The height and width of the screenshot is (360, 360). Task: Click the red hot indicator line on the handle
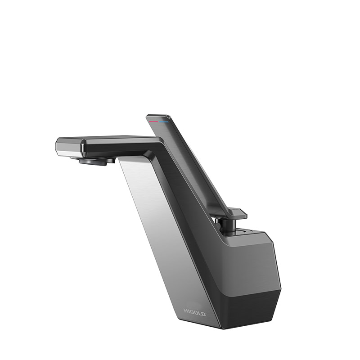(153, 121)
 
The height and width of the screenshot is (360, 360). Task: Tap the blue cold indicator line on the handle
(164, 122)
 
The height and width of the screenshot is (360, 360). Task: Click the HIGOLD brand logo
(195, 312)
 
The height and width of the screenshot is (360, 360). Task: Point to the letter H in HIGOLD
(185, 311)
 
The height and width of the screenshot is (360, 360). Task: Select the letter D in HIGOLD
(203, 314)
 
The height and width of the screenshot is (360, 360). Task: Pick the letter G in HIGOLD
(192, 312)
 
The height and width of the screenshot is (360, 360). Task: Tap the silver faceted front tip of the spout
(69, 147)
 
